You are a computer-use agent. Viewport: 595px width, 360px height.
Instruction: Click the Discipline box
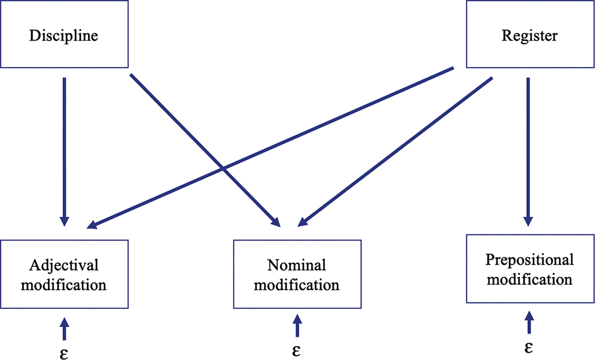[64, 34]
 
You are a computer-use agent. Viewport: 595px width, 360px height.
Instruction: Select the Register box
[530, 34]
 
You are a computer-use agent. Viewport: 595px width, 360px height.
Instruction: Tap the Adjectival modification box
[64, 274]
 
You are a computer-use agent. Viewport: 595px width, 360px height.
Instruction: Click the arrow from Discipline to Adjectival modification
[64, 149]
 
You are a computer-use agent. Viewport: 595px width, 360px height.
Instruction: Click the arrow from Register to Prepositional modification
[528, 149]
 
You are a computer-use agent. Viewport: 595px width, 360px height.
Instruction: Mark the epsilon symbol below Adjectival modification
[64, 351]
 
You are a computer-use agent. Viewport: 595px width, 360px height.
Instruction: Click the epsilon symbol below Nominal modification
[297, 351]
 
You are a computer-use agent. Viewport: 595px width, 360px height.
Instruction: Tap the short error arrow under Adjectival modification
[64, 328]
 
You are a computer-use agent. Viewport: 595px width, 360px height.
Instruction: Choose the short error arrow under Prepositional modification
[528, 322]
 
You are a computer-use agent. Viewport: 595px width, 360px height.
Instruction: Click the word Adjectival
[64, 265]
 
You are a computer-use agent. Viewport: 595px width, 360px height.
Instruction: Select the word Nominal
[297, 265]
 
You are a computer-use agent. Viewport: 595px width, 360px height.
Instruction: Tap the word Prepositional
[530, 259]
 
